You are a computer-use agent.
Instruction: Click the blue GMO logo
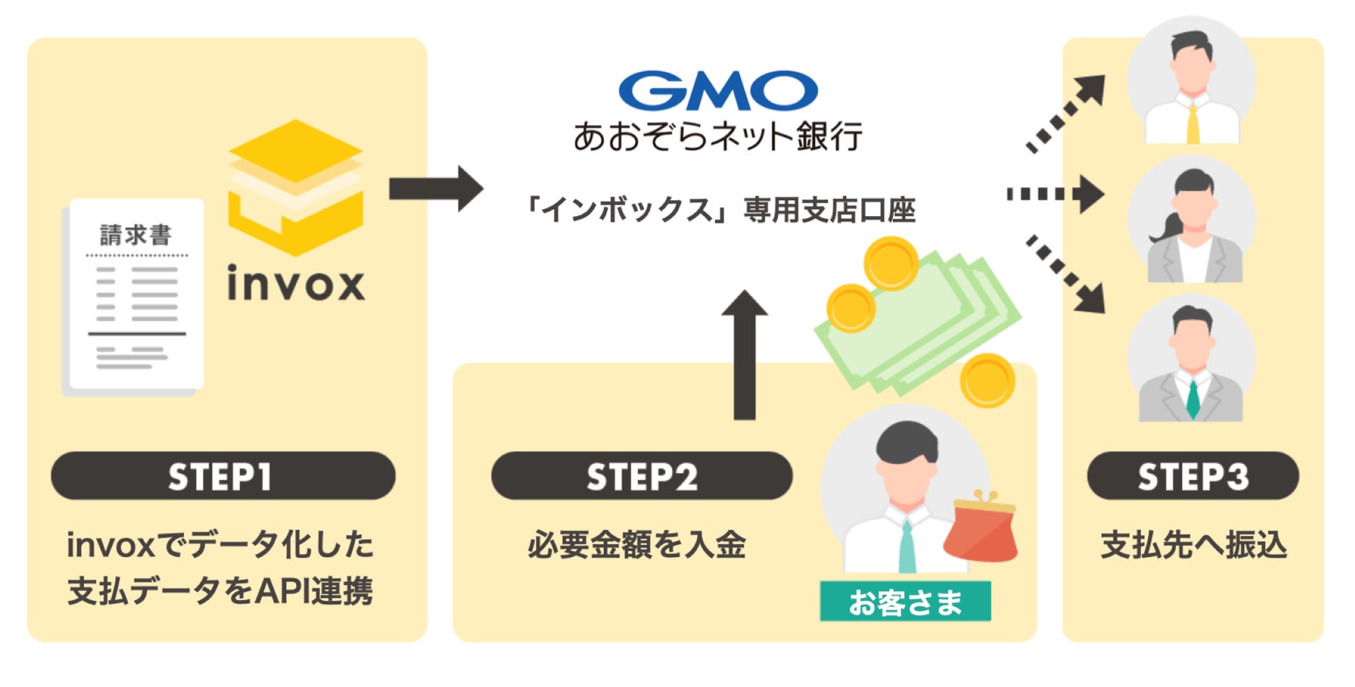(x=717, y=90)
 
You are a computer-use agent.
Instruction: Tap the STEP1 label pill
(x=222, y=477)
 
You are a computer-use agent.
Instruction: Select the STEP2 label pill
(x=641, y=477)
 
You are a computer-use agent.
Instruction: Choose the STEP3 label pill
(x=1192, y=477)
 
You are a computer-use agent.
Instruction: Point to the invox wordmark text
(x=296, y=283)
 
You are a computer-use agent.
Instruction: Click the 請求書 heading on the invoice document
(x=135, y=235)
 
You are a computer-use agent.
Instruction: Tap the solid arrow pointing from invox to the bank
(x=435, y=188)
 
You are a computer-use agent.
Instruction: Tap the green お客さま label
(x=905, y=602)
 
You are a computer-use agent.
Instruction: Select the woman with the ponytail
(x=1192, y=222)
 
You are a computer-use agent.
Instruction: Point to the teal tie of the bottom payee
(x=1192, y=399)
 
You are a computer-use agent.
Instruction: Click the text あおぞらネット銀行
(x=717, y=137)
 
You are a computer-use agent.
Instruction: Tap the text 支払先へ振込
(x=1193, y=546)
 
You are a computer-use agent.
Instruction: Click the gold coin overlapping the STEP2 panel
(x=987, y=380)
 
